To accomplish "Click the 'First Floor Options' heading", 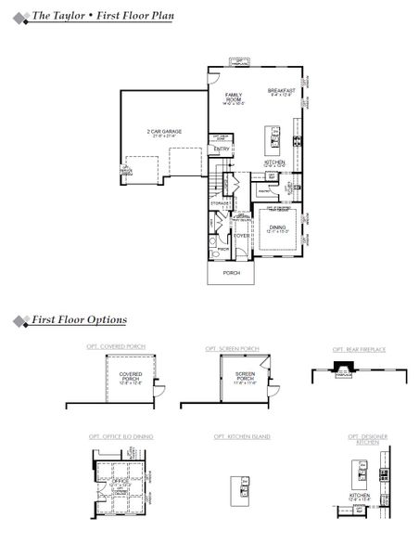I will point(79,319).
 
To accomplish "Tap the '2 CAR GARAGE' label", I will point(164,133).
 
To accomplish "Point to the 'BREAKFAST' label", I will point(280,91).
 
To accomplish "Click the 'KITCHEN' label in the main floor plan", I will point(274,163).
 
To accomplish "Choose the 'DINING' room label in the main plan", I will point(277,227).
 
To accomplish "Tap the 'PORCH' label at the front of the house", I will point(231,273).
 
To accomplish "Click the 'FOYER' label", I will point(241,236).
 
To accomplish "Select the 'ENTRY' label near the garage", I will point(222,149).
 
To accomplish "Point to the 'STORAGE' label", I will point(220,202).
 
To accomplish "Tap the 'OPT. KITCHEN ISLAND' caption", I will point(242,435).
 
